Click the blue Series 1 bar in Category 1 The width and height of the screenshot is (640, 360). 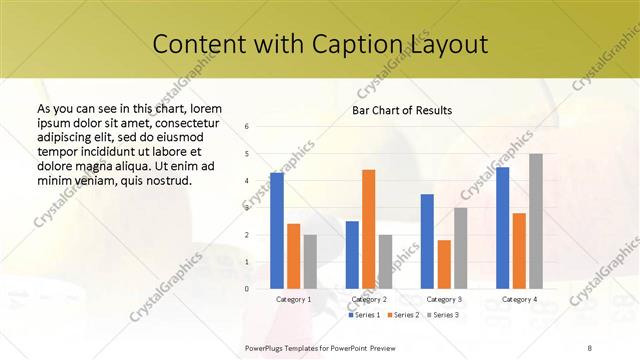pos(277,230)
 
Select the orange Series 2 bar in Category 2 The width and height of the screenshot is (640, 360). pos(368,229)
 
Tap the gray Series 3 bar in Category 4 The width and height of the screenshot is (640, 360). pos(535,221)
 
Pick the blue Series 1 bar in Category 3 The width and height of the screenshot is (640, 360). pos(427,241)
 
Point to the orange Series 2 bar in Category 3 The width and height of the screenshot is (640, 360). pos(444,264)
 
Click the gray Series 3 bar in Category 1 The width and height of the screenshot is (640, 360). pos(310,261)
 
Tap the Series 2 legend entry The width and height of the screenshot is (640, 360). pos(405,315)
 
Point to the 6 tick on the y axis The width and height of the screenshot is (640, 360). pos(247,127)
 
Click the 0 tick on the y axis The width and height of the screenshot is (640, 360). pos(247,288)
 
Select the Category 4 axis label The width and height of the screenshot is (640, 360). pos(518,299)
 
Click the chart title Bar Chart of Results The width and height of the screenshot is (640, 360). pos(402,110)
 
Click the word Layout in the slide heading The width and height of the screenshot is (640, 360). pos(448,45)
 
